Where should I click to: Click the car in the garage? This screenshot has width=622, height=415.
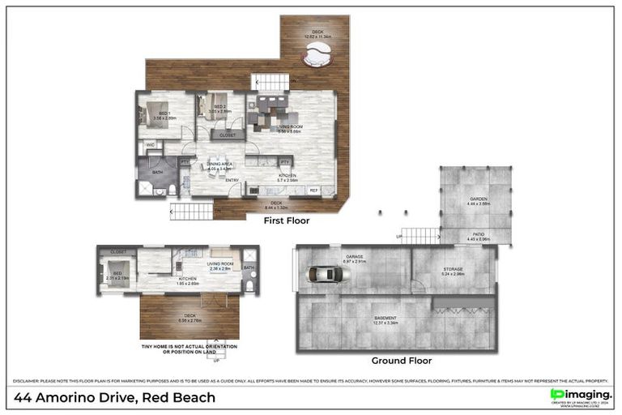click(x=328, y=274)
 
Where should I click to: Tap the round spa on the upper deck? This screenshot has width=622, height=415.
click(x=317, y=57)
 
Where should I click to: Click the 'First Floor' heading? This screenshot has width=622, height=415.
click(x=287, y=220)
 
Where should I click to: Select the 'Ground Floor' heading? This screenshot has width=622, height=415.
click(x=401, y=361)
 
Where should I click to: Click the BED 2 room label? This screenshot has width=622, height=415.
click(x=219, y=107)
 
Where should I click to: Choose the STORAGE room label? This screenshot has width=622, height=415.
click(x=453, y=270)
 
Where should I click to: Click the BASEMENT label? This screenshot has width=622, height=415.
click(x=385, y=317)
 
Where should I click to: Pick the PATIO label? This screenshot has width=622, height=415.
click(x=477, y=235)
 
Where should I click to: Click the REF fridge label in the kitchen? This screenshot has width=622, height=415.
click(x=314, y=190)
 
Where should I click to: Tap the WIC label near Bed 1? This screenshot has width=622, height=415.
click(x=151, y=145)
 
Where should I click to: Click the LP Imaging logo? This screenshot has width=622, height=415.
click(x=581, y=395)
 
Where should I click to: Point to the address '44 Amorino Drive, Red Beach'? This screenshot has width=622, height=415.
click(x=116, y=397)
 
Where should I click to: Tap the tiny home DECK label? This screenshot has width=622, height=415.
click(x=190, y=317)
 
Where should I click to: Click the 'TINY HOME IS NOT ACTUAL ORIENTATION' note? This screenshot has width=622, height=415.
click(x=189, y=347)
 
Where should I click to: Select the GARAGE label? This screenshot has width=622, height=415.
click(x=355, y=258)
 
